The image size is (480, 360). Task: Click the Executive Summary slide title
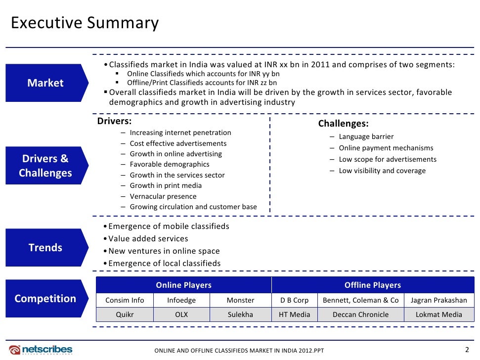pos(85,23)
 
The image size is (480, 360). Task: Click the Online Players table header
pos(183,285)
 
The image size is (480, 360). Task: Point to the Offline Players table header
pos(372,285)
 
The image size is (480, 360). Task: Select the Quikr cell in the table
pos(125,315)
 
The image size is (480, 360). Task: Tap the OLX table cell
pos(181,315)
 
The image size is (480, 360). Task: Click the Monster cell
pos(240,300)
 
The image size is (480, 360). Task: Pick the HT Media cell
pos(294,315)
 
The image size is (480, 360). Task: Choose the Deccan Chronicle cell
pos(360,315)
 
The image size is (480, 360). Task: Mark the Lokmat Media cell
pos(439,315)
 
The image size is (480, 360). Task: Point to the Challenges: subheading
pos(343,124)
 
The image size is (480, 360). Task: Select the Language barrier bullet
pos(366,136)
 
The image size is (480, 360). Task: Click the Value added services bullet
pos(148,239)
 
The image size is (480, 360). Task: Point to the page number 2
pos(467,349)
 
